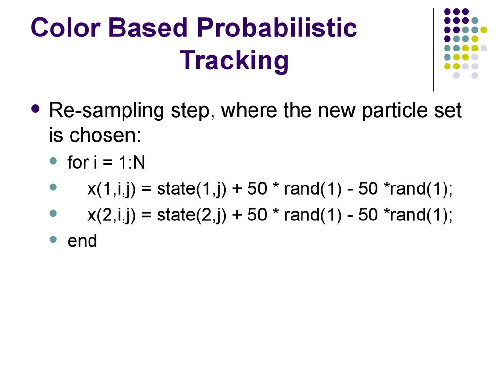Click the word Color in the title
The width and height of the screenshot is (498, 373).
[66, 28]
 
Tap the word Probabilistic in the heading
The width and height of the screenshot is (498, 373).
[277, 28]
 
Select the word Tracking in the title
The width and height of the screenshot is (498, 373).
[234, 61]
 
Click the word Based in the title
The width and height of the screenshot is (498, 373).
[148, 28]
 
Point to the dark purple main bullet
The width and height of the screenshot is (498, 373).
[36, 109]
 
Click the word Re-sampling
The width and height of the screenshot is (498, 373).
[107, 111]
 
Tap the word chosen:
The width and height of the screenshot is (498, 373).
[105, 135]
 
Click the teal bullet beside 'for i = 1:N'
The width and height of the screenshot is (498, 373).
[53, 161]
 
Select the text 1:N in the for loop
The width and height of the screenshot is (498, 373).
[132, 162]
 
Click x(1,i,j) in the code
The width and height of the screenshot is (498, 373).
[111, 189]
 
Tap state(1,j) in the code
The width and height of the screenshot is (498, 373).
[192, 189]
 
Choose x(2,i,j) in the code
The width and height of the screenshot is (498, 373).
[111, 215]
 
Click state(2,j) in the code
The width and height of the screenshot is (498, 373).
[192, 215]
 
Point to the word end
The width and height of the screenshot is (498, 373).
[82, 241]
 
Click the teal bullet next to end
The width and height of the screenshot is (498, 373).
[53, 239]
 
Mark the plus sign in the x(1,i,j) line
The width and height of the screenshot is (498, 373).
[237, 189]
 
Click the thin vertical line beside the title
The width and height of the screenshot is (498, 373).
[433, 50]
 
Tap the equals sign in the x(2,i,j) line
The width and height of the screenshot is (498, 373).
[146, 215]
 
